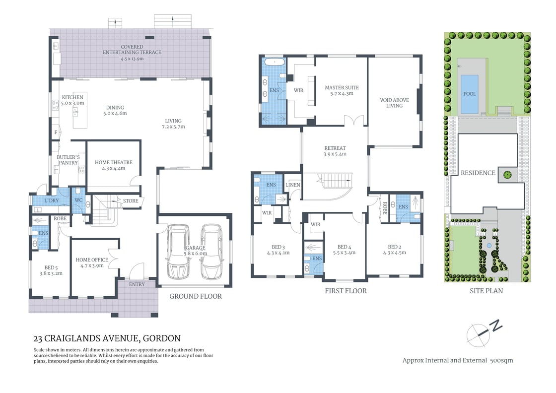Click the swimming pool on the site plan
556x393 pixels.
[x=469, y=94]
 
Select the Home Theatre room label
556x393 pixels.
[x=114, y=162]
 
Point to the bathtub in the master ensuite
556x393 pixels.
[x=274, y=63]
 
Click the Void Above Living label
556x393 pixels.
[x=395, y=103]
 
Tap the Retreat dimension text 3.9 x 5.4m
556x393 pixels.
[x=335, y=154]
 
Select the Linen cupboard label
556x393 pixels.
[x=293, y=185]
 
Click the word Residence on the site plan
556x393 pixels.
[x=478, y=173]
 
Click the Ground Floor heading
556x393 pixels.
[x=196, y=296]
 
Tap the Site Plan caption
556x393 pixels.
[x=486, y=291]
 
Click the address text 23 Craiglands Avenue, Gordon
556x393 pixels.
[x=107, y=339]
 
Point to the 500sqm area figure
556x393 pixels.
[x=501, y=360]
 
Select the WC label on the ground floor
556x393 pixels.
[x=78, y=200]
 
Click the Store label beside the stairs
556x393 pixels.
[x=131, y=201]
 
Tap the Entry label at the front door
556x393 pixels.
[x=137, y=284]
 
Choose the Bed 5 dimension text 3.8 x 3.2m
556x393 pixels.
[x=51, y=273]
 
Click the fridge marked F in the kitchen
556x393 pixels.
[x=55, y=133]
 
